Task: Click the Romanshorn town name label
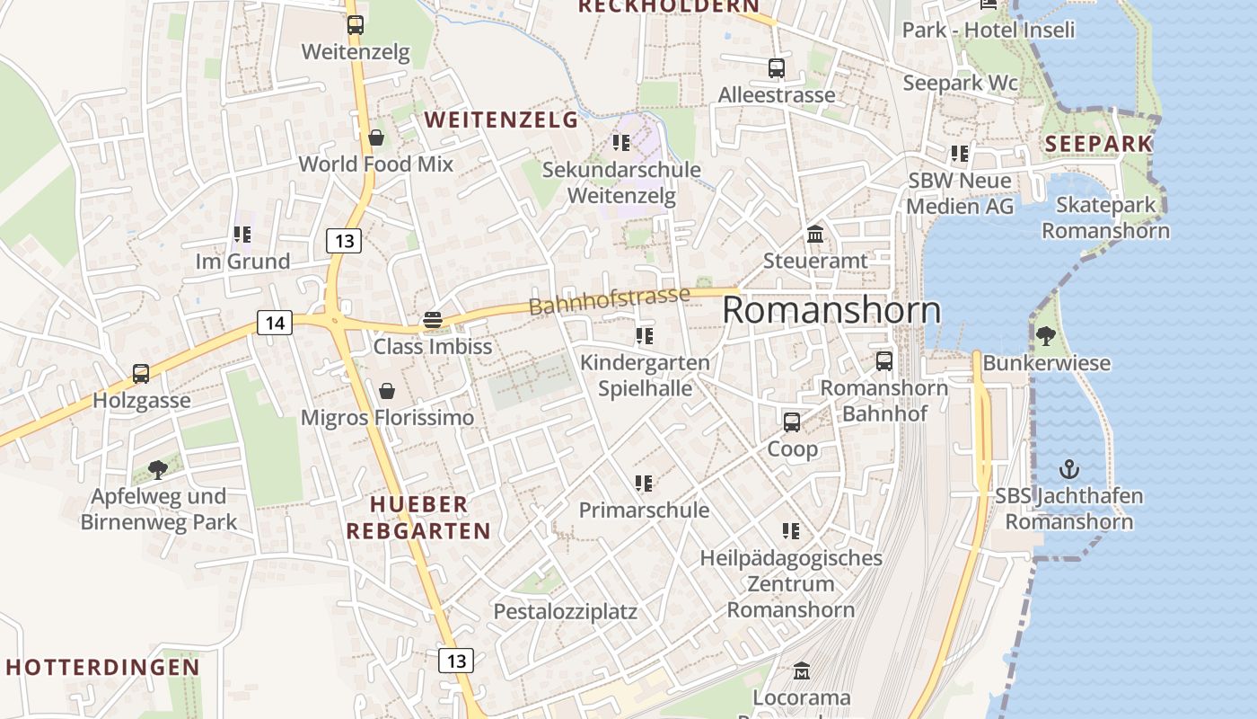tap(831, 310)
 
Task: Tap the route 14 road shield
tap(275, 323)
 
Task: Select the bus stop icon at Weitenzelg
tap(356, 25)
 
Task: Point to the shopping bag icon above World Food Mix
tap(376, 138)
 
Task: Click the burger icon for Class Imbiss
tap(433, 320)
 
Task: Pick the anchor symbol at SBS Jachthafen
tap(1068, 469)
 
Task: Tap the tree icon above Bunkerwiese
tap(1045, 336)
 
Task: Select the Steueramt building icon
tap(815, 235)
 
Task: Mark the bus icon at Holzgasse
tap(141, 373)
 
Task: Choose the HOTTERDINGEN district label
tap(102, 667)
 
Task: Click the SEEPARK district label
tap(1098, 143)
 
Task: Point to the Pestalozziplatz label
tap(565, 612)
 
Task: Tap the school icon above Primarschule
tap(644, 484)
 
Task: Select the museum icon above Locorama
tap(802, 670)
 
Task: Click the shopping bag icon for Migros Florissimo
tap(387, 391)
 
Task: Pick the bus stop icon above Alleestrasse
tap(777, 67)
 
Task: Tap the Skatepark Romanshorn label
tap(1105, 217)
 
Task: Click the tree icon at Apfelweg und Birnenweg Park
tap(158, 469)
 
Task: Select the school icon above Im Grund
tap(242, 235)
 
